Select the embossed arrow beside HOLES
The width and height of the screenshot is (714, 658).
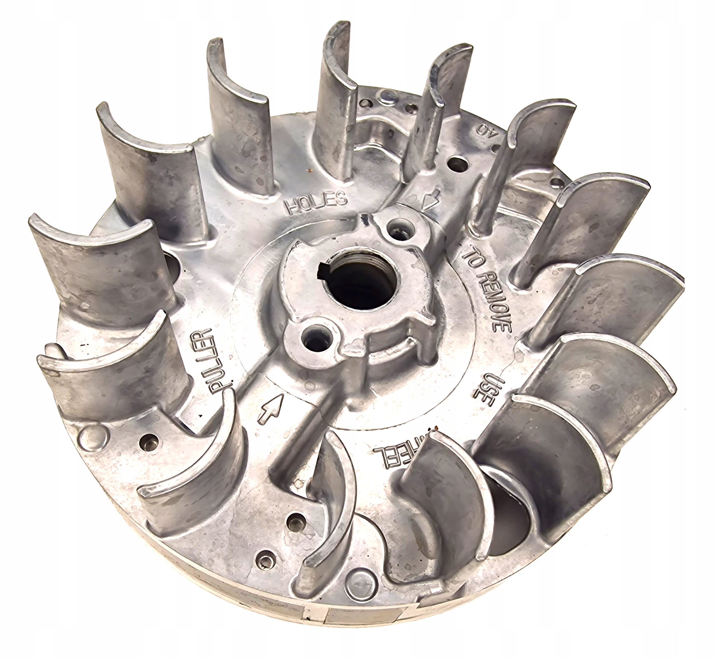tap(429, 201)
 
